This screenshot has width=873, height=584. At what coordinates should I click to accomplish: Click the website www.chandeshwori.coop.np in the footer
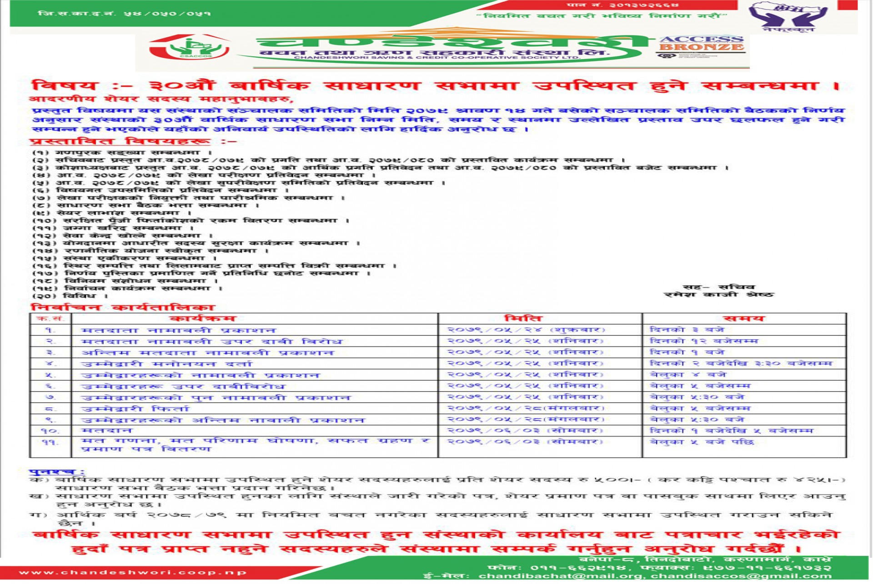click(x=133, y=572)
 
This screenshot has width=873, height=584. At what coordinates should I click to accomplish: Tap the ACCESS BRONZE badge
click(x=701, y=44)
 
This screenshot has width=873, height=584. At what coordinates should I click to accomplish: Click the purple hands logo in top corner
click(x=788, y=16)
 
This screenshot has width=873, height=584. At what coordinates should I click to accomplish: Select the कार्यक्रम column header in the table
click(x=202, y=319)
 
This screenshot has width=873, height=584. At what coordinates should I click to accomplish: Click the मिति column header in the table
click(x=523, y=319)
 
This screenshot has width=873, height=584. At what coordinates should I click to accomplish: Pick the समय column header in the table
click(x=743, y=319)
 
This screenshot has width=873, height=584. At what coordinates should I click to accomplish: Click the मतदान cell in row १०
click(x=107, y=430)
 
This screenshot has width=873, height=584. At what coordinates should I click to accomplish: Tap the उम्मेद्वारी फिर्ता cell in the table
click(x=135, y=409)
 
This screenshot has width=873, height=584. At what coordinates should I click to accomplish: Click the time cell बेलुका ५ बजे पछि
click(x=702, y=442)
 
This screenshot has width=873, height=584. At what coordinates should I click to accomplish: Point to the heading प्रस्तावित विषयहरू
click(x=120, y=141)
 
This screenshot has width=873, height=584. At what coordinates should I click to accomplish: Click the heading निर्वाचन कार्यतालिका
click(x=122, y=308)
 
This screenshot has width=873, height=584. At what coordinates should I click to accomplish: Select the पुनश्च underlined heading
click(x=57, y=472)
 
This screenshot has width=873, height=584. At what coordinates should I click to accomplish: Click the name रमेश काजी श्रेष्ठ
click(x=718, y=294)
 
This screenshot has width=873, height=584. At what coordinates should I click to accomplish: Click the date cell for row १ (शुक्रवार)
click(x=526, y=330)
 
